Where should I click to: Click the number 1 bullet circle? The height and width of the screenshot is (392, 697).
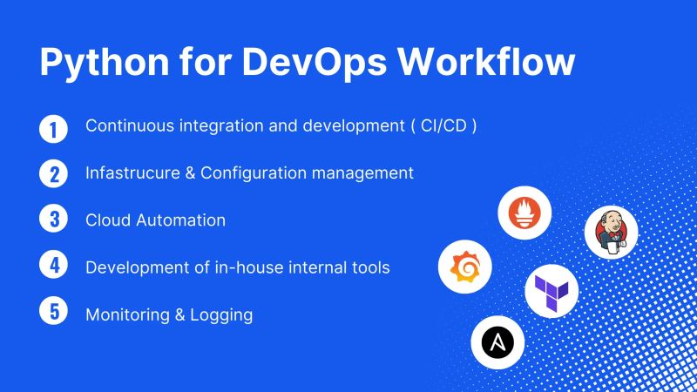pos(53,129)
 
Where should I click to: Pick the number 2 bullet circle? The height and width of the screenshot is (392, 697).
pos(53,173)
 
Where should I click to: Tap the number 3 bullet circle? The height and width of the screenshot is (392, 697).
pos(53,219)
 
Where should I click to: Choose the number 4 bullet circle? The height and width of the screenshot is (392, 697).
pos(53,265)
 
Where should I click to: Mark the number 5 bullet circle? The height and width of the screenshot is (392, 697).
pos(53,312)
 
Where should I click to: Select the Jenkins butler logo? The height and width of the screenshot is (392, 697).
pos(612,233)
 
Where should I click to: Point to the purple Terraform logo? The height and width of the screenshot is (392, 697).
pos(552,290)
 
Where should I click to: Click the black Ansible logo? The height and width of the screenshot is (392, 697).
pos(497,341)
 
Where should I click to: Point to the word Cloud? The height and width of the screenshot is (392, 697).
pos(108,220)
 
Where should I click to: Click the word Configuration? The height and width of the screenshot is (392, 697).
pos(251,173)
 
